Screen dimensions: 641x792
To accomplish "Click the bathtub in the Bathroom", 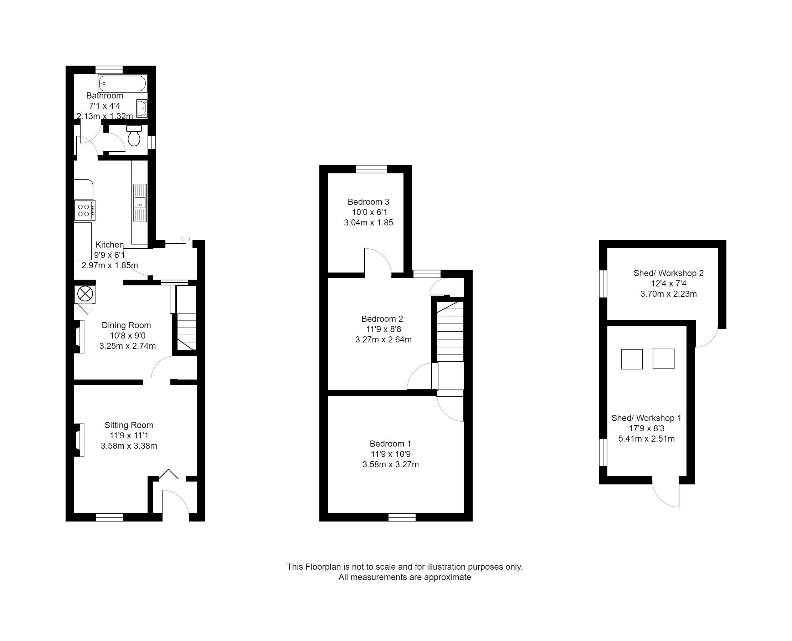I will [123, 83].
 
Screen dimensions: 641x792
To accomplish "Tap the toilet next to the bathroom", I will [134, 136].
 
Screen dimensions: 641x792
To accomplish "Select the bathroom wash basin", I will [142, 108].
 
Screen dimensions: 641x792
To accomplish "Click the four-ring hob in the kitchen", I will [84, 210].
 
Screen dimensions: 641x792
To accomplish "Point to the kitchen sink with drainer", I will [140, 203].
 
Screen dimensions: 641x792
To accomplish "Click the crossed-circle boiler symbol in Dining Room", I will [85, 294].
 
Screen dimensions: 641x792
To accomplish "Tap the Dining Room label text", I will [126, 325].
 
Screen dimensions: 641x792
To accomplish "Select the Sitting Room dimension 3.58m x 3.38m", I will [129, 446].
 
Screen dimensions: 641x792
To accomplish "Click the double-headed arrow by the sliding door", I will [186, 239].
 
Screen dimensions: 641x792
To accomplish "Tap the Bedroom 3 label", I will [368, 202].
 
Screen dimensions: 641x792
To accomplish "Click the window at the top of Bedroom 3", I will [371, 169].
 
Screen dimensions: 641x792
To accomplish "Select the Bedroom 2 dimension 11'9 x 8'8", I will [383, 329].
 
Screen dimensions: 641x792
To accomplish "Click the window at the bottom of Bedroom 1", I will [402, 517].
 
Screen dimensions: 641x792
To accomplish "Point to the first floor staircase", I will [450, 332].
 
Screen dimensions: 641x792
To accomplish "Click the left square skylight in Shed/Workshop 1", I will [632, 359].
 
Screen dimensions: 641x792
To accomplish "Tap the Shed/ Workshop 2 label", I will [668, 273].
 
